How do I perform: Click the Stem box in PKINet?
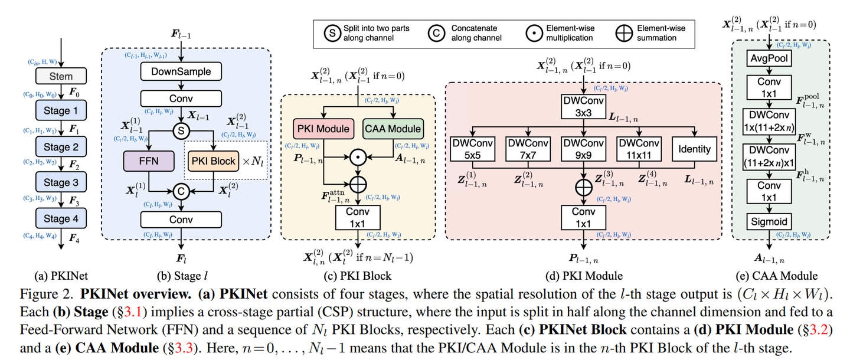pyautogui.click(x=61, y=76)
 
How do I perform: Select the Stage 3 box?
pyautogui.click(x=61, y=182)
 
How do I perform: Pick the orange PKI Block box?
pyautogui.click(x=212, y=161)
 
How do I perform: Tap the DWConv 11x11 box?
pyautogui.click(x=639, y=148)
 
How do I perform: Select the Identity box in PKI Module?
pyautogui.click(x=695, y=148)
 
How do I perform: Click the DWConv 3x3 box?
pyautogui.click(x=583, y=106)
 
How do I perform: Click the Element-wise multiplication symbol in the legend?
pyautogui.click(x=534, y=33)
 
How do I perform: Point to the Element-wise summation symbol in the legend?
pyautogui.click(x=623, y=33)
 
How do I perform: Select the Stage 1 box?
pyautogui.click(x=61, y=111)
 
